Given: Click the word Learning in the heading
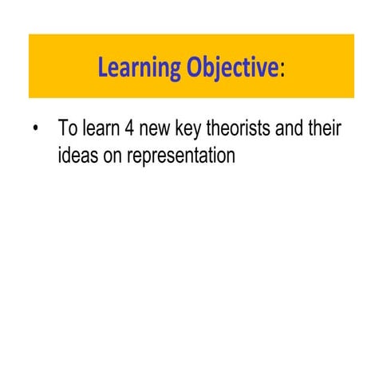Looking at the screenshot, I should click(140, 67).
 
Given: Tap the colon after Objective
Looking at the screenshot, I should click(282, 70).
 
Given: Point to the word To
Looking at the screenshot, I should click(67, 128).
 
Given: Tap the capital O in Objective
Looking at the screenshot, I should click(196, 67).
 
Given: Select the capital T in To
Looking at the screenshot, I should click(62, 128).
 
